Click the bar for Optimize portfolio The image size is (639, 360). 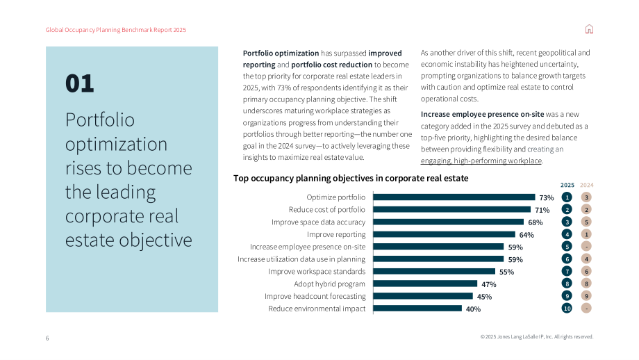pos(454,197)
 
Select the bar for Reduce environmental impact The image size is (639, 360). pos(417,309)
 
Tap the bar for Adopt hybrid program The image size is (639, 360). pos(425,284)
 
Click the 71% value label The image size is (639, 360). pos(542,210)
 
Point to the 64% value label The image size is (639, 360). pos(526,235)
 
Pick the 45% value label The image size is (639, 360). pos(484,297)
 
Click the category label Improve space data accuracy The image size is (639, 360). pos(318,222)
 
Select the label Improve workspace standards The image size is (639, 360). pos(317,272)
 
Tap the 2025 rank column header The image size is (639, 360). pos(567,185)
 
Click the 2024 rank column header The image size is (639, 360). pos(587,185)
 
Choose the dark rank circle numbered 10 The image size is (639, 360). pos(567,308)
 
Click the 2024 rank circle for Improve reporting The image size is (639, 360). pos(586,234)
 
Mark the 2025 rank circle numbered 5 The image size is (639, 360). pos(567,247)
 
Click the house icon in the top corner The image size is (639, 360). pos(589,29)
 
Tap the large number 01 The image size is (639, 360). pos(79,83)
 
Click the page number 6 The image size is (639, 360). pos(47,338)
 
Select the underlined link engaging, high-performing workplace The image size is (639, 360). pos(481,161)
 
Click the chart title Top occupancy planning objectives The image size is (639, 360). pos(351,178)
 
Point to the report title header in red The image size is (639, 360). pos(116,30)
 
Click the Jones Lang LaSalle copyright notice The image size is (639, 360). pos(537,337)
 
